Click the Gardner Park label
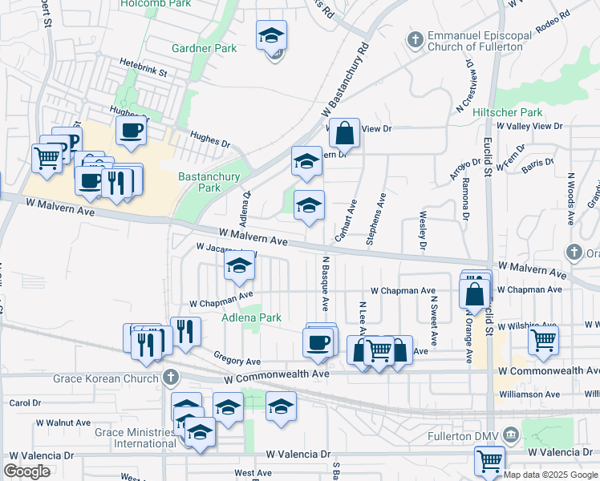point(205,48)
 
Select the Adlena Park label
point(251,317)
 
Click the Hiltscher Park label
point(507,113)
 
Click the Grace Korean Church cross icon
point(169,377)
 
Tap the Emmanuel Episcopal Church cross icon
point(416,38)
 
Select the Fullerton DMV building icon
point(511,436)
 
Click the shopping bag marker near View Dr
point(344,132)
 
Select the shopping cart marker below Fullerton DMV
point(489,461)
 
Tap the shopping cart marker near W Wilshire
point(543,339)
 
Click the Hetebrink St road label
point(143,72)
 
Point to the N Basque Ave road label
point(325,284)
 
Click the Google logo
point(26,471)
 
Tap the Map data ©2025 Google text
point(551,474)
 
